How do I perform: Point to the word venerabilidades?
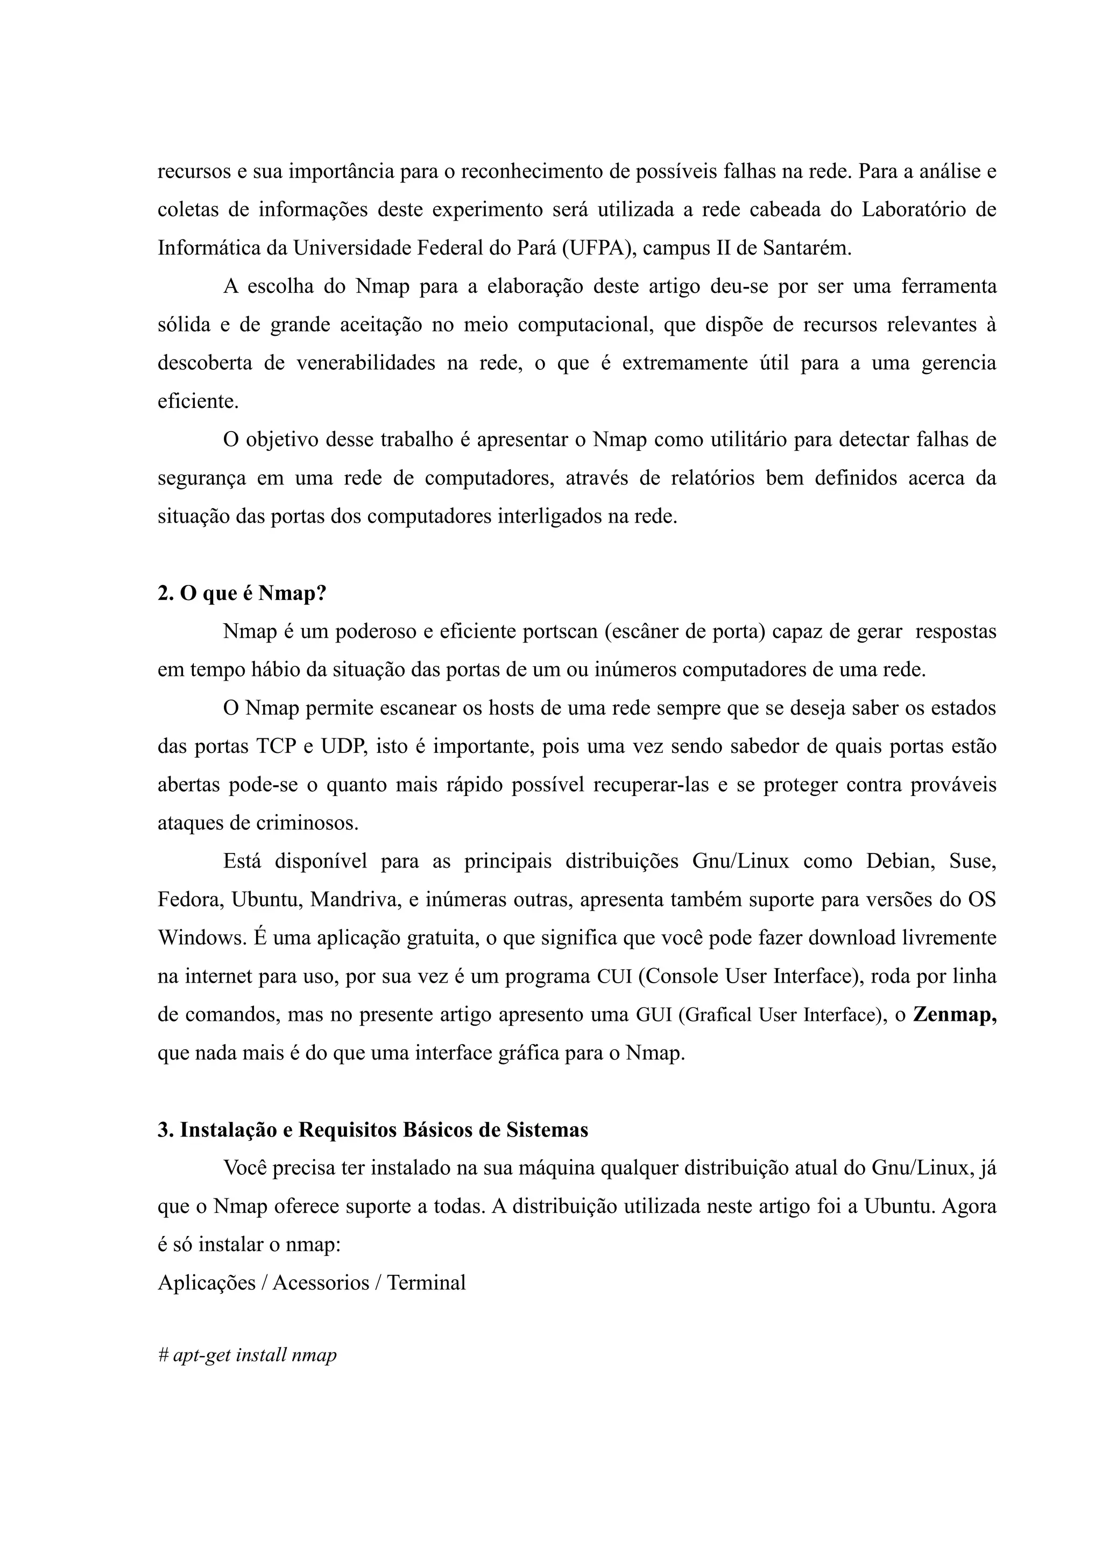point(366,363)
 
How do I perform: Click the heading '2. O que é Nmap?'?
point(242,594)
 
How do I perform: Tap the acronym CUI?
point(614,976)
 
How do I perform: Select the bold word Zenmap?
point(954,1014)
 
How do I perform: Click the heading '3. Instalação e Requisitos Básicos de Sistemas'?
point(373,1130)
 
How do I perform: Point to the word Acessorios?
point(321,1282)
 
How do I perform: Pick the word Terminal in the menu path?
point(426,1282)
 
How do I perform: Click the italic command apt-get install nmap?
point(255,1355)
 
